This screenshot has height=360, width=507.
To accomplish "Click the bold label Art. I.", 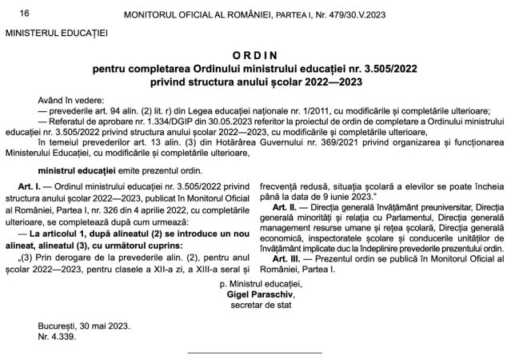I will (x=37, y=183).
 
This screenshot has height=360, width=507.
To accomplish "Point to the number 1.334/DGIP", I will (x=159, y=114).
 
